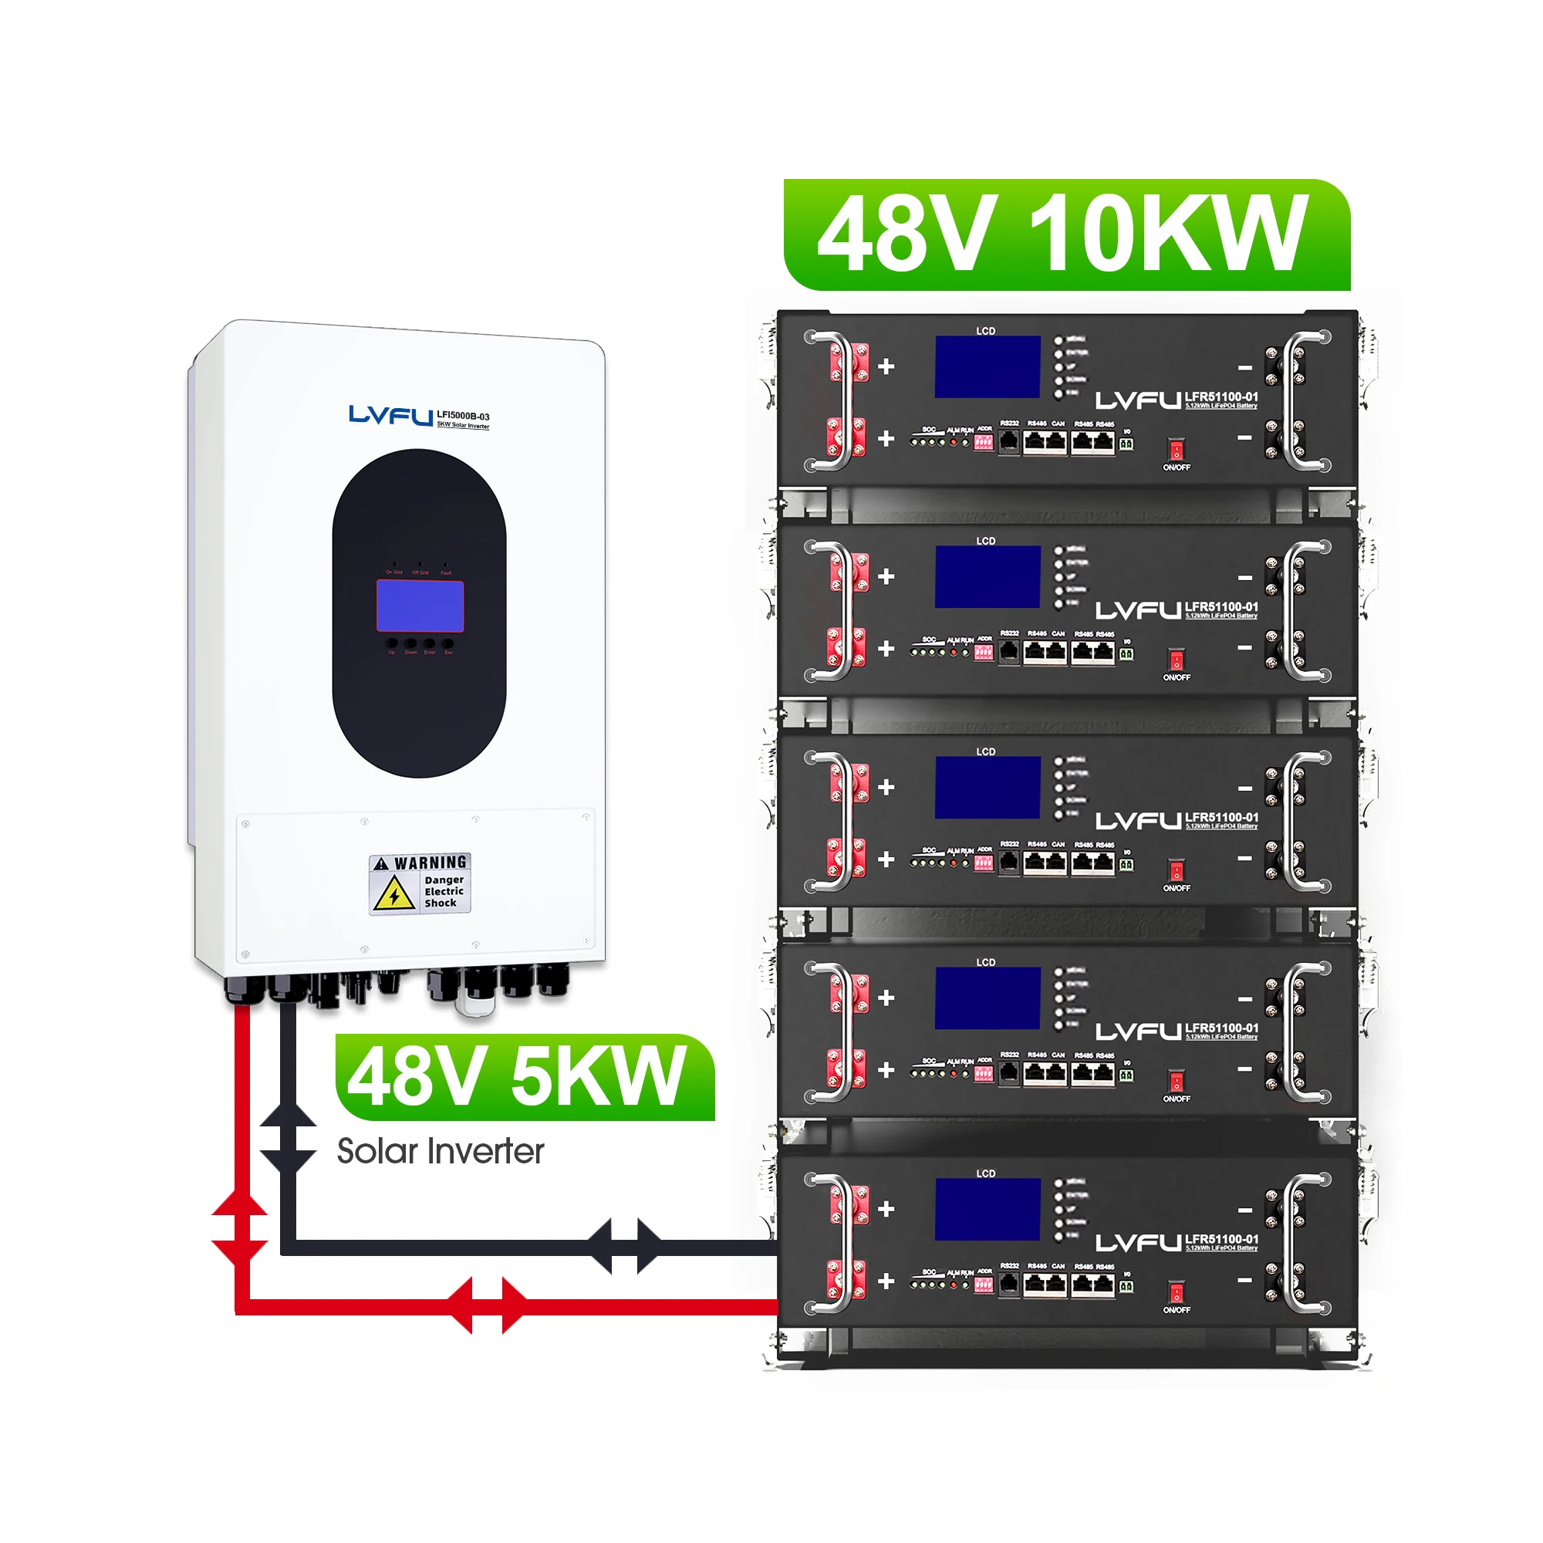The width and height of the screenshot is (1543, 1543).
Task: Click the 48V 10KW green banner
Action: click(1066, 235)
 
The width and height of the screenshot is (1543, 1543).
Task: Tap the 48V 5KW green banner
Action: click(524, 1077)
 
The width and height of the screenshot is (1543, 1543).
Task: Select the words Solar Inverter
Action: click(440, 1152)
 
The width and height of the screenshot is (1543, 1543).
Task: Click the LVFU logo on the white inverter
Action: click(390, 415)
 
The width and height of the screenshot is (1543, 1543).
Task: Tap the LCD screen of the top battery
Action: click(988, 366)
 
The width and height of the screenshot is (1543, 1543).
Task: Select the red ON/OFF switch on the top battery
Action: click(1176, 449)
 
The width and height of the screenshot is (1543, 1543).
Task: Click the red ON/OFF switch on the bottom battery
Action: click(1176, 1292)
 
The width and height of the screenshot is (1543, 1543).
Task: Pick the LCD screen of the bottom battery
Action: click(988, 1209)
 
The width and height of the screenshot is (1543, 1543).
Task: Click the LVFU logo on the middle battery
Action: click(1137, 821)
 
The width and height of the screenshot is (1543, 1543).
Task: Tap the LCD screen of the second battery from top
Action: click(988, 576)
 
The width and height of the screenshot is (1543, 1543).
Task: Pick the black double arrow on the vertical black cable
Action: click(288, 1139)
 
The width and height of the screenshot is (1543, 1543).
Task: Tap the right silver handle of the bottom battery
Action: click(1297, 1244)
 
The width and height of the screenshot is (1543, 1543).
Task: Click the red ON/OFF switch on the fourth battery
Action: click(1176, 1082)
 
